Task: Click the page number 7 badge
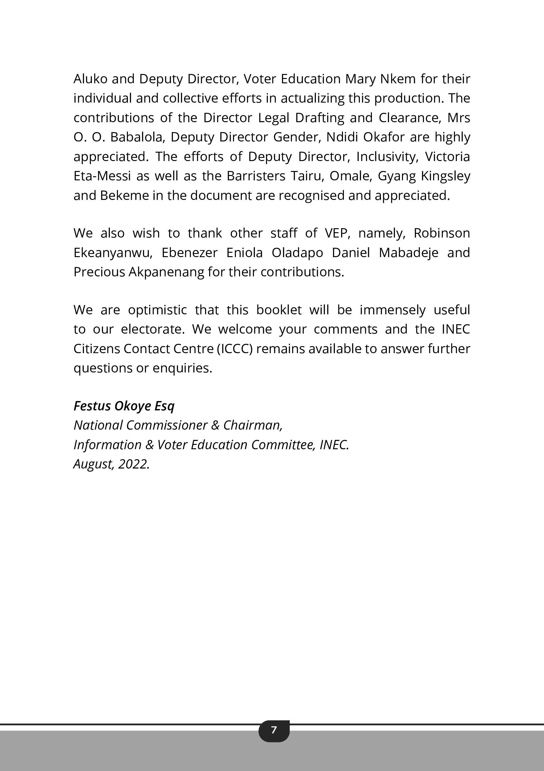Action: click(274, 730)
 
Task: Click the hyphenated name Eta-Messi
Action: click(102, 176)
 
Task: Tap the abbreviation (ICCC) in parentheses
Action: click(235, 349)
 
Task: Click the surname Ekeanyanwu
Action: click(113, 252)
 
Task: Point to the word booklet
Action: click(279, 310)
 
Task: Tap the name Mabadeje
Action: click(409, 252)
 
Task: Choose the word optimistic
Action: click(157, 310)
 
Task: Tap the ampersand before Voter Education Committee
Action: click(149, 445)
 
